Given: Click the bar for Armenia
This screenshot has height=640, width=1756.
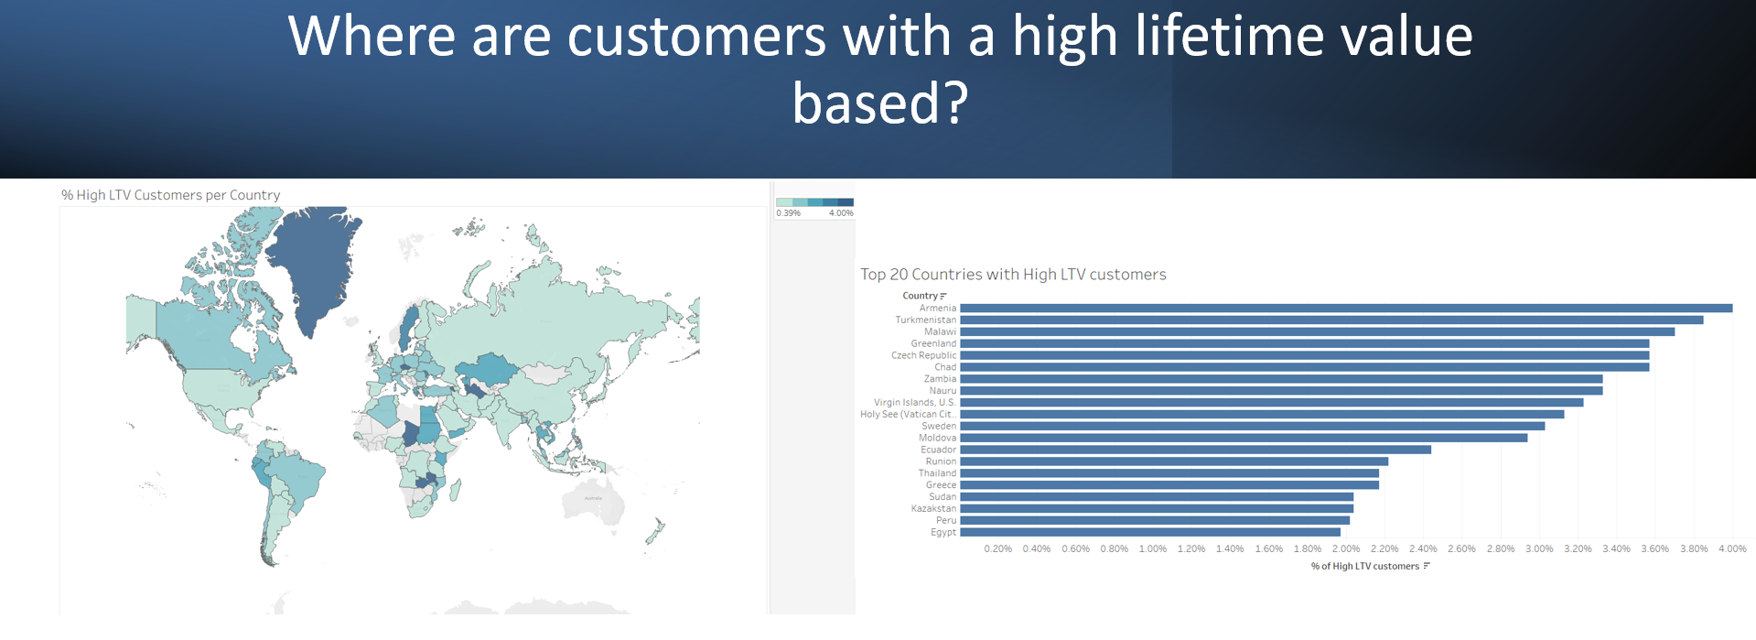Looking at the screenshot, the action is pyautogui.click(x=1346, y=309).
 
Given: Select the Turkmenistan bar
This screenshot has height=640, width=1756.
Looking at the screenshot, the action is pyautogui.click(x=1331, y=320).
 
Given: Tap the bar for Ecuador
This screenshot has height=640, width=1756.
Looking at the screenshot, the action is pyautogui.click(x=1195, y=450).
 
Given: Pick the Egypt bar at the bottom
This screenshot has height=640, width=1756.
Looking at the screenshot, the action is pyautogui.click(x=1150, y=532).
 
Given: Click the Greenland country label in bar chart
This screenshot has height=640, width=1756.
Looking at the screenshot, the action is pyautogui.click(x=933, y=343).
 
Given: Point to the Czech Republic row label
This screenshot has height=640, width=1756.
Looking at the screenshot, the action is pyautogui.click(x=924, y=355).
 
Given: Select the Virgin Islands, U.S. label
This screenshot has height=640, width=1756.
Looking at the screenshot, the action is pyautogui.click(x=915, y=402).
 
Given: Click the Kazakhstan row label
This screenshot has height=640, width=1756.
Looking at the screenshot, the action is pyautogui.click(x=933, y=508).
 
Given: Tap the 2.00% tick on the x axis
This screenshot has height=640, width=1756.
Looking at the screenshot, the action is pyautogui.click(x=1346, y=548).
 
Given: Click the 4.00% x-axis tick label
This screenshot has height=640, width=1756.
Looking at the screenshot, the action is pyautogui.click(x=1732, y=548).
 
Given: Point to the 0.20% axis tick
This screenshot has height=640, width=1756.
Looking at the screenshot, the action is pyautogui.click(x=998, y=548).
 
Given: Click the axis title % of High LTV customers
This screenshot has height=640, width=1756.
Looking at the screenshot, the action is pyautogui.click(x=1365, y=566).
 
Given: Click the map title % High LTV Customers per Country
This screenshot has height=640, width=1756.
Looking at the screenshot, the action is pyautogui.click(x=171, y=195).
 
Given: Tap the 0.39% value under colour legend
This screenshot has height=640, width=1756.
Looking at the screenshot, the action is pyautogui.click(x=788, y=213).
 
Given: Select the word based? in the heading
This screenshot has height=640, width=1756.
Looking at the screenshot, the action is pyautogui.click(x=880, y=103).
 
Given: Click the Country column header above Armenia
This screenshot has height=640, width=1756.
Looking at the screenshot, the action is pyautogui.click(x=920, y=296).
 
